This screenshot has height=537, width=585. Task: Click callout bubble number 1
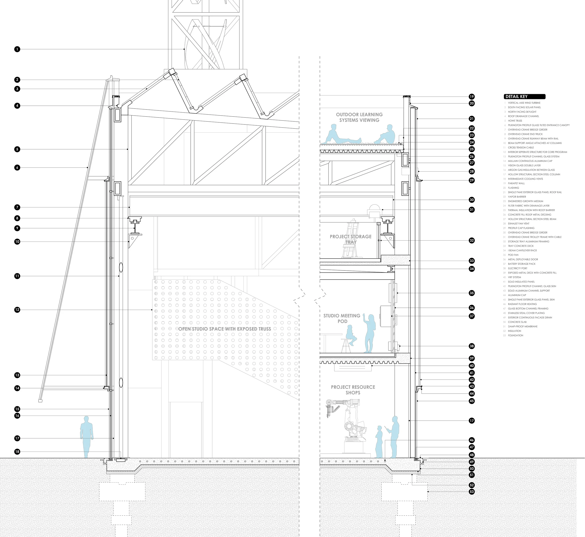point(17,49)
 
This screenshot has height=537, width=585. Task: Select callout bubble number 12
point(17,310)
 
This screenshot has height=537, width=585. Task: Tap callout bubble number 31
point(472,209)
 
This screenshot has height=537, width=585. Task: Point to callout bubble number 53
point(472,492)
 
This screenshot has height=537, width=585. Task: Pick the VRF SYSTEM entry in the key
point(514,277)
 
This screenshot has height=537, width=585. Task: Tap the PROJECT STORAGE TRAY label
point(351,239)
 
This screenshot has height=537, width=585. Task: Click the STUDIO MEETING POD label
point(342,318)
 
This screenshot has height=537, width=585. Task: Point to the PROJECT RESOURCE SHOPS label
point(353,390)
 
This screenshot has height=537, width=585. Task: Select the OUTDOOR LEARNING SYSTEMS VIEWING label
point(359,117)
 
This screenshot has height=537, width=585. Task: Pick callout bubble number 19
point(472,96)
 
